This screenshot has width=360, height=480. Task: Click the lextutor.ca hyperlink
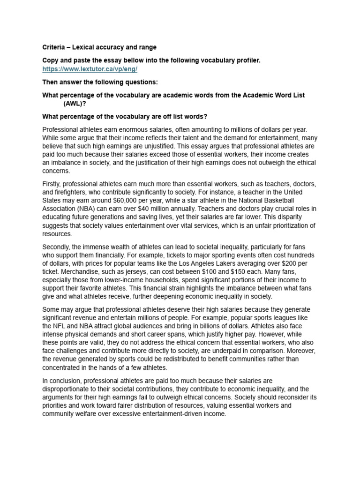(90, 68)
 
